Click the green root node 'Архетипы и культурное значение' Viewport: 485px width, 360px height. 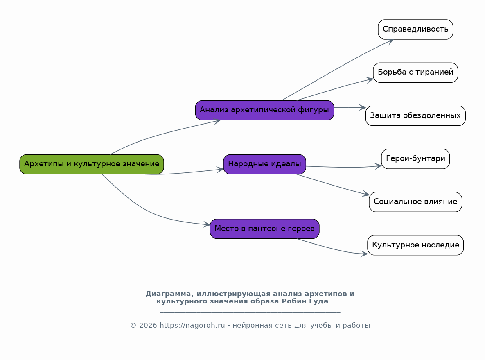click(x=92, y=164)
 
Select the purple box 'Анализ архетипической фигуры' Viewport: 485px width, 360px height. click(x=264, y=110)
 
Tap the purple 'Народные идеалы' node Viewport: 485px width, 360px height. click(x=264, y=164)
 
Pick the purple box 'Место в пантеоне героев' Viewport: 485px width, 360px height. click(x=264, y=229)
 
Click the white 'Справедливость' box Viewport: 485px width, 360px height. click(x=415, y=29)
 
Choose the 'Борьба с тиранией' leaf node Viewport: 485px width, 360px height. click(x=415, y=72)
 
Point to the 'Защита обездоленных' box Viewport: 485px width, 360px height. click(x=415, y=116)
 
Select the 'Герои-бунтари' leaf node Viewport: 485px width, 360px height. click(x=415, y=159)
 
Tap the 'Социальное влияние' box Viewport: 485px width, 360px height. click(x=415, y=202)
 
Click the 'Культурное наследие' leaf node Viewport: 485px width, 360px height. click(x=415, y=245)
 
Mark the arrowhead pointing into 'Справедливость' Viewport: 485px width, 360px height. click(x=390, y=41)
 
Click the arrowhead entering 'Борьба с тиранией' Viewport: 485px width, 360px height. click(x=370, y=80)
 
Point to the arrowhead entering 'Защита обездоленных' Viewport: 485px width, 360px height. click(x=362, y=108)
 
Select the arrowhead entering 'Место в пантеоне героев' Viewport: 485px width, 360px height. click(x=207, y=225)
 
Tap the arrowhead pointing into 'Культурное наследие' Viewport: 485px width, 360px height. click(x=364, y=254)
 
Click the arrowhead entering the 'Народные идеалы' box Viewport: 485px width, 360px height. click(x=220, y=169)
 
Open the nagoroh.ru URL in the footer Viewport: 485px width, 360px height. click(x=192, y=325)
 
